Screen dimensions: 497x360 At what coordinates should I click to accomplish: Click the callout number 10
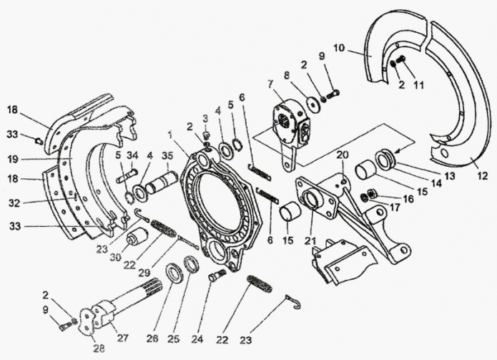340,49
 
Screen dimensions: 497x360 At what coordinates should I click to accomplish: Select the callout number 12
482,176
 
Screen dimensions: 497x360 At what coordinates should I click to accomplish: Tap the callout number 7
270,84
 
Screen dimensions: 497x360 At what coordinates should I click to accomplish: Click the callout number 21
310,241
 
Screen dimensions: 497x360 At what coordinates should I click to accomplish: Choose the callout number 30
116,257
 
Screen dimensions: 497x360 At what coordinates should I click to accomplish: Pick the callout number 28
98,348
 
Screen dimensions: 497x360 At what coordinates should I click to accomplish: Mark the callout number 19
13,159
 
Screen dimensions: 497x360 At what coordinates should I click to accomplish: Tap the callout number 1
170,135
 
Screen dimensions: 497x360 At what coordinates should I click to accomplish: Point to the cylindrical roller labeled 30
137,237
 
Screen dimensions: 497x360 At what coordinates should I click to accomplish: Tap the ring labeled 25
192,263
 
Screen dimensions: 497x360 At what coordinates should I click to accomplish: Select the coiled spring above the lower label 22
260,284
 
